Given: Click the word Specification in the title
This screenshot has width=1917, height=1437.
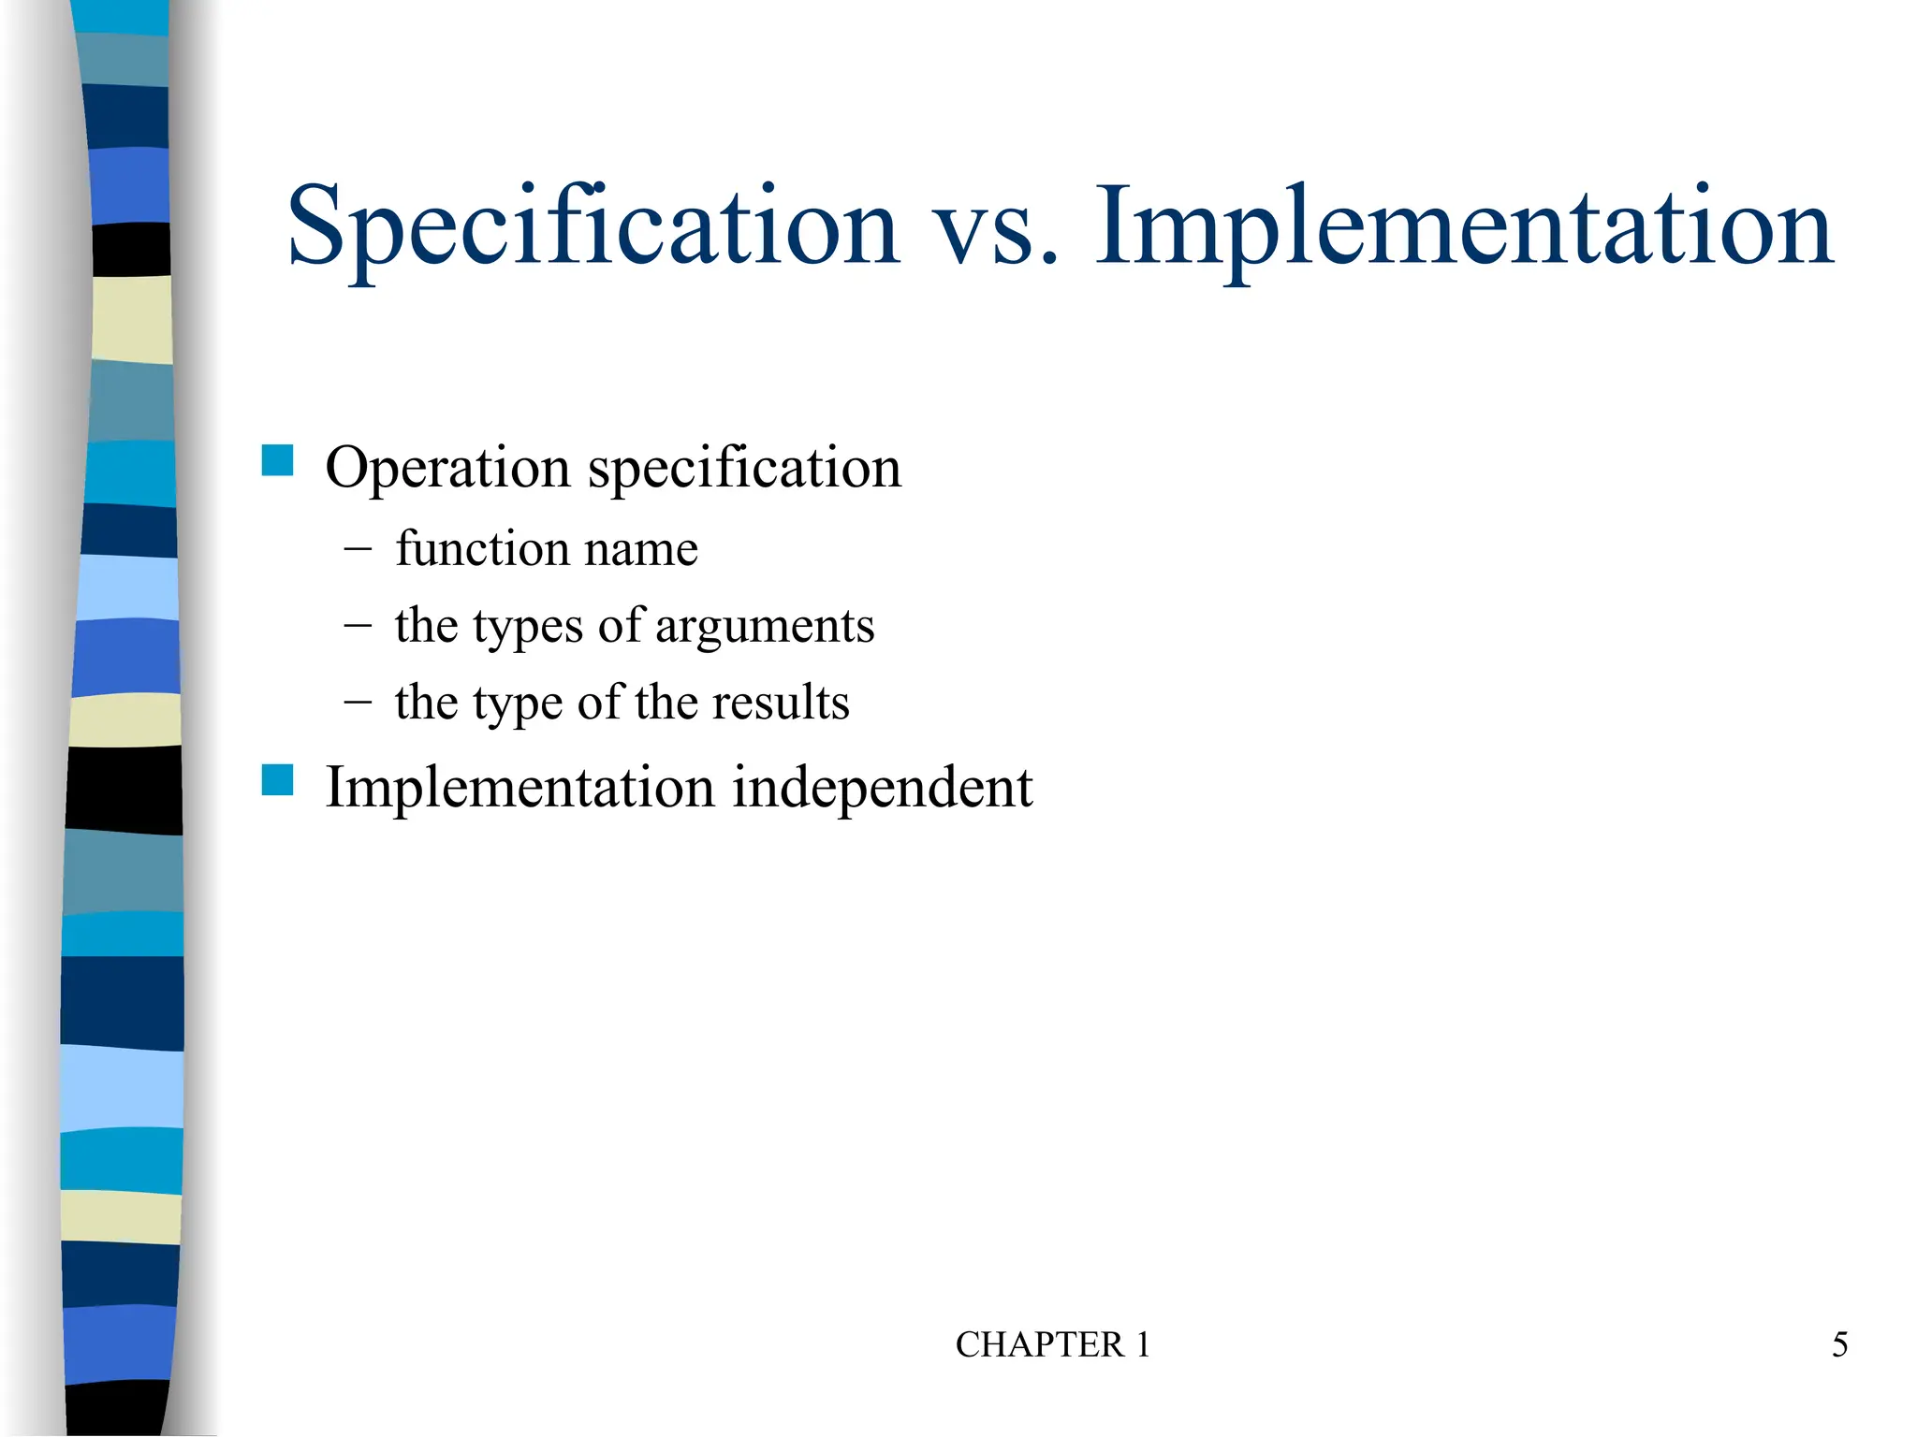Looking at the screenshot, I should [593, 227].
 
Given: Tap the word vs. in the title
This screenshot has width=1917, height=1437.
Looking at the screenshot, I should [998, 227].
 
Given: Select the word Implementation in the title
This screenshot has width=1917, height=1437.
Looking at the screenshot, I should [1463, 227].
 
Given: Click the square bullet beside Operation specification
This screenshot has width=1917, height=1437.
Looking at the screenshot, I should [278, 460].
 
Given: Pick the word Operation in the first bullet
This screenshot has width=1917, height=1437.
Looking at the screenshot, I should [447, 467].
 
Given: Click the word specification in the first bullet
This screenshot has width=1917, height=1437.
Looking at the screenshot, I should [744, 467].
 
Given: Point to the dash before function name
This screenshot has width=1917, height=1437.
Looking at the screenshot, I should [357, 548].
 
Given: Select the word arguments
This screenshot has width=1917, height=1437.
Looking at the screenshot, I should [765, 626].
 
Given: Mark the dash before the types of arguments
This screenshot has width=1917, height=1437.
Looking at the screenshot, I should [357, 625].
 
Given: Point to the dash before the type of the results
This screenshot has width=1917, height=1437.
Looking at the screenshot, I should [357, 702].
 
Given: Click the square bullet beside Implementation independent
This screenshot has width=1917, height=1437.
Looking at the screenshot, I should [278, 780].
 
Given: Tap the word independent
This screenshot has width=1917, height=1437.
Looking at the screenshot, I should [882, 787].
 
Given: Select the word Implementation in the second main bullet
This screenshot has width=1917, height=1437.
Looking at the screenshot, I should [519, 789].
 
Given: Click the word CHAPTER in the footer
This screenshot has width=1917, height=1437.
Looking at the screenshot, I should [1039, 1345].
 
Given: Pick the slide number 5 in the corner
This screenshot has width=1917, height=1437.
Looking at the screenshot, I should [1839, 1345].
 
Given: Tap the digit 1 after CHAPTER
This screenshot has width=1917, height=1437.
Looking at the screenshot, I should [1143, 1345].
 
